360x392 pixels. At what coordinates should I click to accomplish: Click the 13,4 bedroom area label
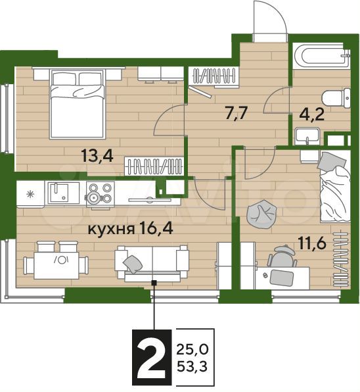click(x=97, y=156)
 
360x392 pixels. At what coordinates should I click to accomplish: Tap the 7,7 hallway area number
click(x=236, y=114)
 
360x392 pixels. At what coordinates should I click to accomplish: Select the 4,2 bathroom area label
click(x=311, y=114)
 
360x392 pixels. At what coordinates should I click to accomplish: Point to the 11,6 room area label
click(x=312, y=243)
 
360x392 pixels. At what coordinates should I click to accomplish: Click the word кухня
click(x=111, y=229)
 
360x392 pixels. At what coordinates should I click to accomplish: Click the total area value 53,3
click(x=192, y=367)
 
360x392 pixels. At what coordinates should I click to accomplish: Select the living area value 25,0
click(x=192, y=350)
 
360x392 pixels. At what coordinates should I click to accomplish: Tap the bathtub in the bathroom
click(x=321, y=55)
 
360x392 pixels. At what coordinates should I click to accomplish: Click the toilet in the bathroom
click(x=336, y=98)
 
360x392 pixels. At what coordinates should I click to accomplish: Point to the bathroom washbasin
click(x=307, y=136)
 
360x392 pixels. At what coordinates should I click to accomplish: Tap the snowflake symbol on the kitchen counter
click(x=30, y=194)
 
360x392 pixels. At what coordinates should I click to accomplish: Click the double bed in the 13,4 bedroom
click(x=77, y=104)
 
